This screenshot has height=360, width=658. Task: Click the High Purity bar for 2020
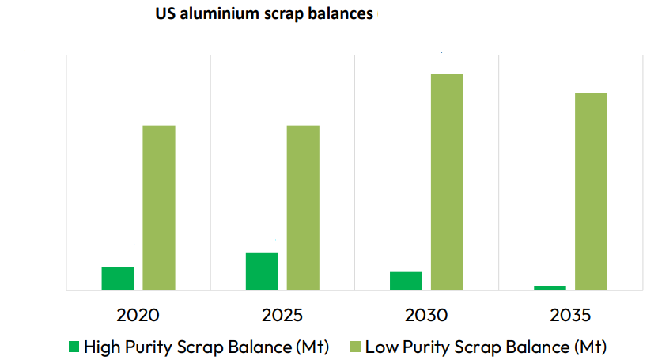click(x=118, y=279)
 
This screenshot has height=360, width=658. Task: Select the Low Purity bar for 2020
click(x=159, y=207)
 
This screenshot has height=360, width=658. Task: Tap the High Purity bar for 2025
click(x=262, y=271)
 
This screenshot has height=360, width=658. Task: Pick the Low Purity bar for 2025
click(x=303, y=207)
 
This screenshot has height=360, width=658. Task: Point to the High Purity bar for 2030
click(x=406, y=281)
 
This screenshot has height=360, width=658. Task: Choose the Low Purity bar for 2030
click(x=447, y=182)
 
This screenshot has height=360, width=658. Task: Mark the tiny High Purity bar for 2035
click(x=550, y=287)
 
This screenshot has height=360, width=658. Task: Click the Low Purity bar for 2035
click(x=591, y=191)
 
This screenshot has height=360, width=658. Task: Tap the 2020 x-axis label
click(x=138, y=315)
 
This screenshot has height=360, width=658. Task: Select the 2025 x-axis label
click(x=282, y=315)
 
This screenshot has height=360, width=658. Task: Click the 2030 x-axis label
click(x=426, y=315)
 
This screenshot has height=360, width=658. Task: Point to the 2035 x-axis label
click(x=570, y=315)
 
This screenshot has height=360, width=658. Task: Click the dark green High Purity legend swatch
click(x=74, y=346)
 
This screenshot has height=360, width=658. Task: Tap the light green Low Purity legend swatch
click(x=354, y=346)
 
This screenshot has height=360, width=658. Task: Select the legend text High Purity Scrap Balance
click(x=206, y=346)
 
